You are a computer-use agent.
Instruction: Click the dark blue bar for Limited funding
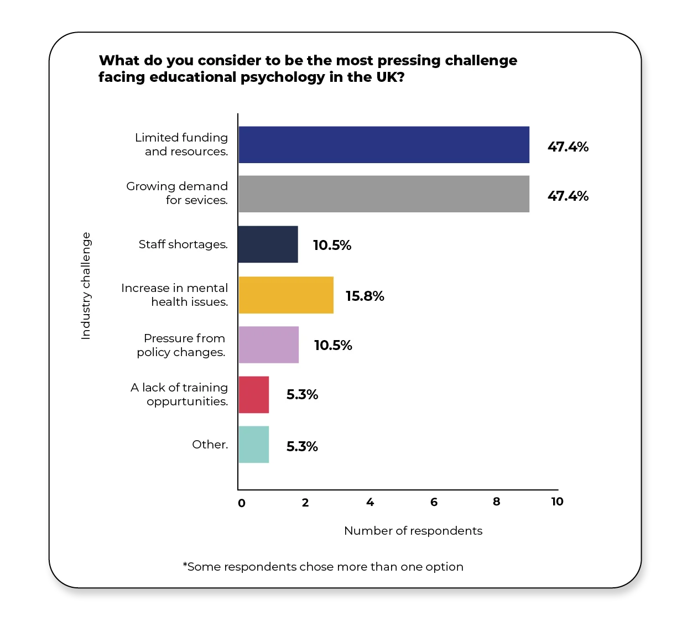(x=383, y=145)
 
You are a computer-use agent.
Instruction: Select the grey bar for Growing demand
(x=383, y=194)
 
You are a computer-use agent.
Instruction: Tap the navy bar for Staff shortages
(x=268, y=244)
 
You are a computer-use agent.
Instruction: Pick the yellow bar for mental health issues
(x=286, y=295)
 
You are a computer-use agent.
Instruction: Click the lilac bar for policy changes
(x=268, y=345)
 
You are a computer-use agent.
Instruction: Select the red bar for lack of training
(x=253, y=395)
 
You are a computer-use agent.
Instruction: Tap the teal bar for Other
(x=253, y=445)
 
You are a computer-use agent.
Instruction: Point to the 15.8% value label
(x=365, y=296)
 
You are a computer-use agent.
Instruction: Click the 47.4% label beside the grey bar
(x=568, y=196)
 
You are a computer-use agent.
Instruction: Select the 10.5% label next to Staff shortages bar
(x=332, y=246)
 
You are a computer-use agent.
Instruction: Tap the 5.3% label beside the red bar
(x=302, y=395)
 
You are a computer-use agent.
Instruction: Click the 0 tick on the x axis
(x=241, y=503)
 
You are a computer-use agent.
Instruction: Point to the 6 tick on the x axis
(x=434, y=502)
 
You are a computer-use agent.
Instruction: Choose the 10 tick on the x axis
(x=557, y=502)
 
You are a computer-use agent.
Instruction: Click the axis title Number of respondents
(x=413, y=531)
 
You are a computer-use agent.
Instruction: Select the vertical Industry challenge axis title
(x=86, y=285)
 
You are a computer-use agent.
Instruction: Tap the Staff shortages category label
(x=183, y=244)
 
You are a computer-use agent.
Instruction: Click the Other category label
(x=210, y=445)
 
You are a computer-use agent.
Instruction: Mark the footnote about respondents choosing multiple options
(x=323, y=567)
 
